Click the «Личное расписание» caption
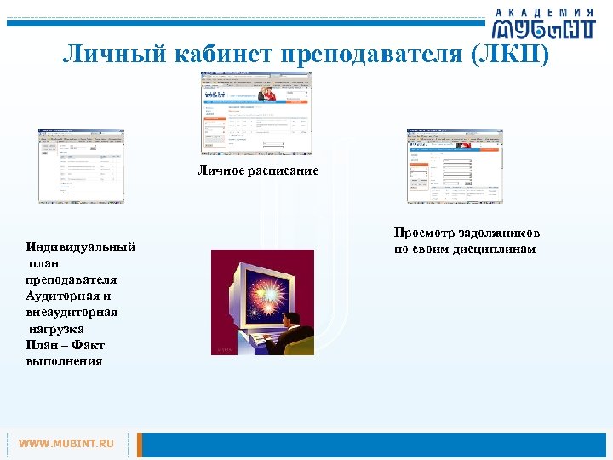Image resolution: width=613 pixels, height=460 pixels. point(258,171)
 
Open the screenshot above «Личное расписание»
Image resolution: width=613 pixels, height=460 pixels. point(256,112)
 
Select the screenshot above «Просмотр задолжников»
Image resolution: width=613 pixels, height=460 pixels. point(454,167)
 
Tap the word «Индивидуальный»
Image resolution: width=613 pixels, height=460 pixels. point(81,247)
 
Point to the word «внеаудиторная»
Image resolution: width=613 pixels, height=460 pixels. point(72,312)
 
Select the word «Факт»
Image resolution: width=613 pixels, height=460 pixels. point(88,344)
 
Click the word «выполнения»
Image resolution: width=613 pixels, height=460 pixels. point(65,361)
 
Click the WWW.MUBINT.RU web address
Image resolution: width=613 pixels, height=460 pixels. point(66,444)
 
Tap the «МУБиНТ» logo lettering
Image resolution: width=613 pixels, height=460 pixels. point(544,29)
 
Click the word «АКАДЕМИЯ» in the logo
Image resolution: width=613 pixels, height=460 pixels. point(544,10)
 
